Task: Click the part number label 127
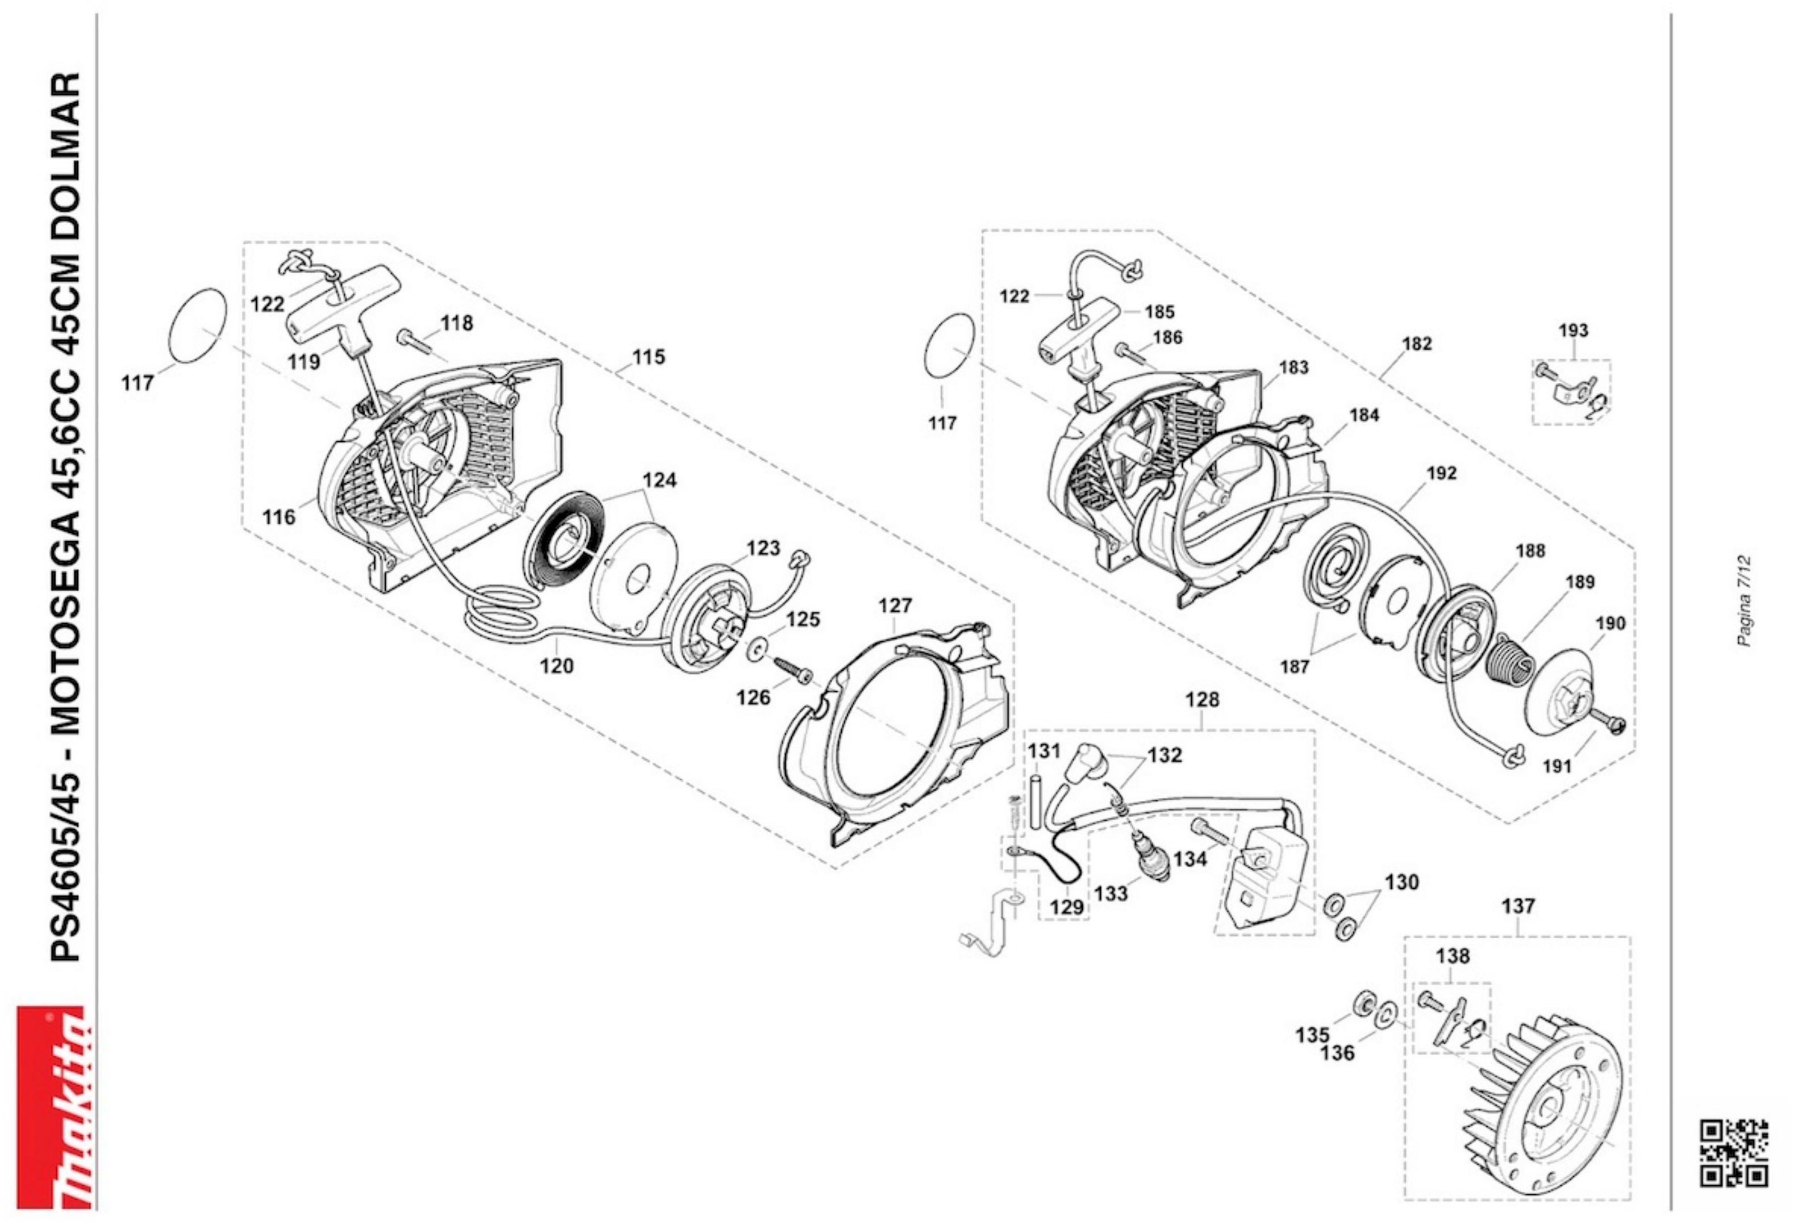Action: [x=895, y=606]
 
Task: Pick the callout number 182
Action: [x=1417, y=344]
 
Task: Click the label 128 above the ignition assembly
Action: [x=1203, y=699]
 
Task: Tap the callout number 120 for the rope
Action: [x=557, y=666]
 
